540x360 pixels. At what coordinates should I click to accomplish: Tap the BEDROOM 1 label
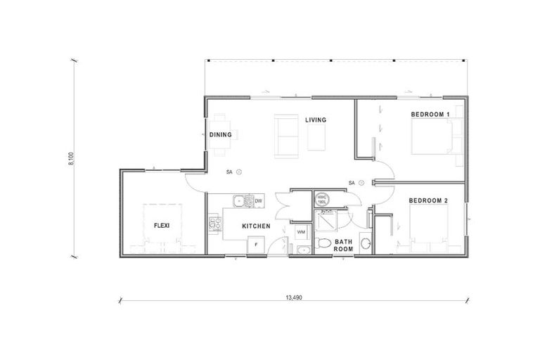coord(430,114)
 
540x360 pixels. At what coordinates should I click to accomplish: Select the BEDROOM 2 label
coord(429,200)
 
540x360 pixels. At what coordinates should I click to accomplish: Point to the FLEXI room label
coord(163,225)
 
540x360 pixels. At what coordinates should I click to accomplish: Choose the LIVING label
coord(316,120)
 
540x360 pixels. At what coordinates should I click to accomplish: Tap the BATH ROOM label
coord(342,245)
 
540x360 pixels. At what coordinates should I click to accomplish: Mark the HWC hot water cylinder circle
coord(321,199)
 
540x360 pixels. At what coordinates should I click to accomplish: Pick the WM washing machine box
coord(300,231)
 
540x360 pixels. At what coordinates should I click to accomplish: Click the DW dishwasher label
coord(258,201)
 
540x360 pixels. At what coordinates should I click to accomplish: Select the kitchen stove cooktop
coord(214,225)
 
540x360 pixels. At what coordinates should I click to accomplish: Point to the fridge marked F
coord(256,245)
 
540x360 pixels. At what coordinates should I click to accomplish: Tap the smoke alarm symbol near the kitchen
coord(238,171)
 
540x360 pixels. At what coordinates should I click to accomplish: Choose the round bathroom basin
coord(364,244)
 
